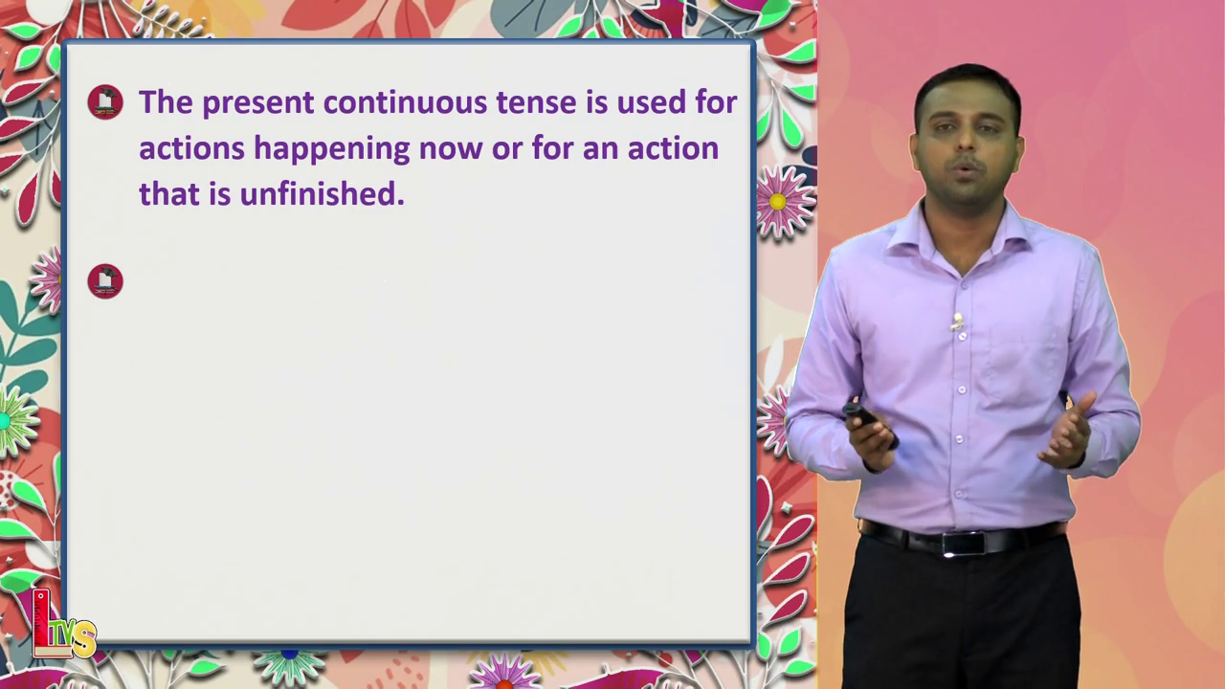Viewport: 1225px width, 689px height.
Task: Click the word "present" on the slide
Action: (258, 103)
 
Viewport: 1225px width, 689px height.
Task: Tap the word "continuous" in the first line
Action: (405, 102)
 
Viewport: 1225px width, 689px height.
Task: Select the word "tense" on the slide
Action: (537, 102)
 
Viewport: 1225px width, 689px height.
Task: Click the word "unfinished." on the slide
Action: (323, 193)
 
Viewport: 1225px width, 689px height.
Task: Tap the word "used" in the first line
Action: (652, 102)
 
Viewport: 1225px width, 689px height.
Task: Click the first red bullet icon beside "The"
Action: (105, 102)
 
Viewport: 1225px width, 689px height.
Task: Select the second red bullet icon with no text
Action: (105, 281)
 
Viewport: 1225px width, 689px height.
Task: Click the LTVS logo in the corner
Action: (63, 626)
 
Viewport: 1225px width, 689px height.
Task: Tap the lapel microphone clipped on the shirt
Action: (957, 322)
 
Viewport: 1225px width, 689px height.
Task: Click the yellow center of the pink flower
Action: (777, 202)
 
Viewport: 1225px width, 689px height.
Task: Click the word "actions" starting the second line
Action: (192, 148)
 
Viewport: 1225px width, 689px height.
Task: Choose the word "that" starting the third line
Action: (169, 193)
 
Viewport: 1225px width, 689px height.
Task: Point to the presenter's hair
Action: (967, 87)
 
